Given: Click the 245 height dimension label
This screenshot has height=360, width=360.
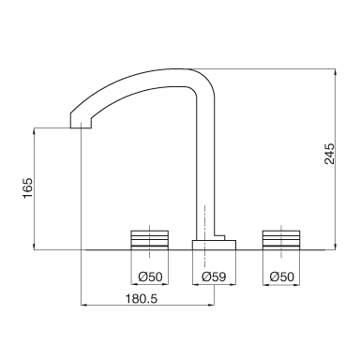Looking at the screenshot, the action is coord(329,154).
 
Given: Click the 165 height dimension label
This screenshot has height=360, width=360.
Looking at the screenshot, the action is coord(28,187).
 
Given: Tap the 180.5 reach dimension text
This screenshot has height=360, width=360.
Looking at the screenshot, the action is coord(142,299).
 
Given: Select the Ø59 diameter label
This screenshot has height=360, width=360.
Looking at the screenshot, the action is coord(214,277).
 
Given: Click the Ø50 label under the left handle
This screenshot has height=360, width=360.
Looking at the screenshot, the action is coord(150,277).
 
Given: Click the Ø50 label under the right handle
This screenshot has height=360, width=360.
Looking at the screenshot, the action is coord(282,277).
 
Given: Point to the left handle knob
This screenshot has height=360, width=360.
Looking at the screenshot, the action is coord(150,240).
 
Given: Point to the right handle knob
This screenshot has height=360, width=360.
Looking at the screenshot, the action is coord(281,240).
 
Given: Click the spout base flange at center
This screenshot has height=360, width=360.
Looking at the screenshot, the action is coord(214,245).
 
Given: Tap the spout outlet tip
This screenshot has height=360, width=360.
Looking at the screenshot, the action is coord(81,127).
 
